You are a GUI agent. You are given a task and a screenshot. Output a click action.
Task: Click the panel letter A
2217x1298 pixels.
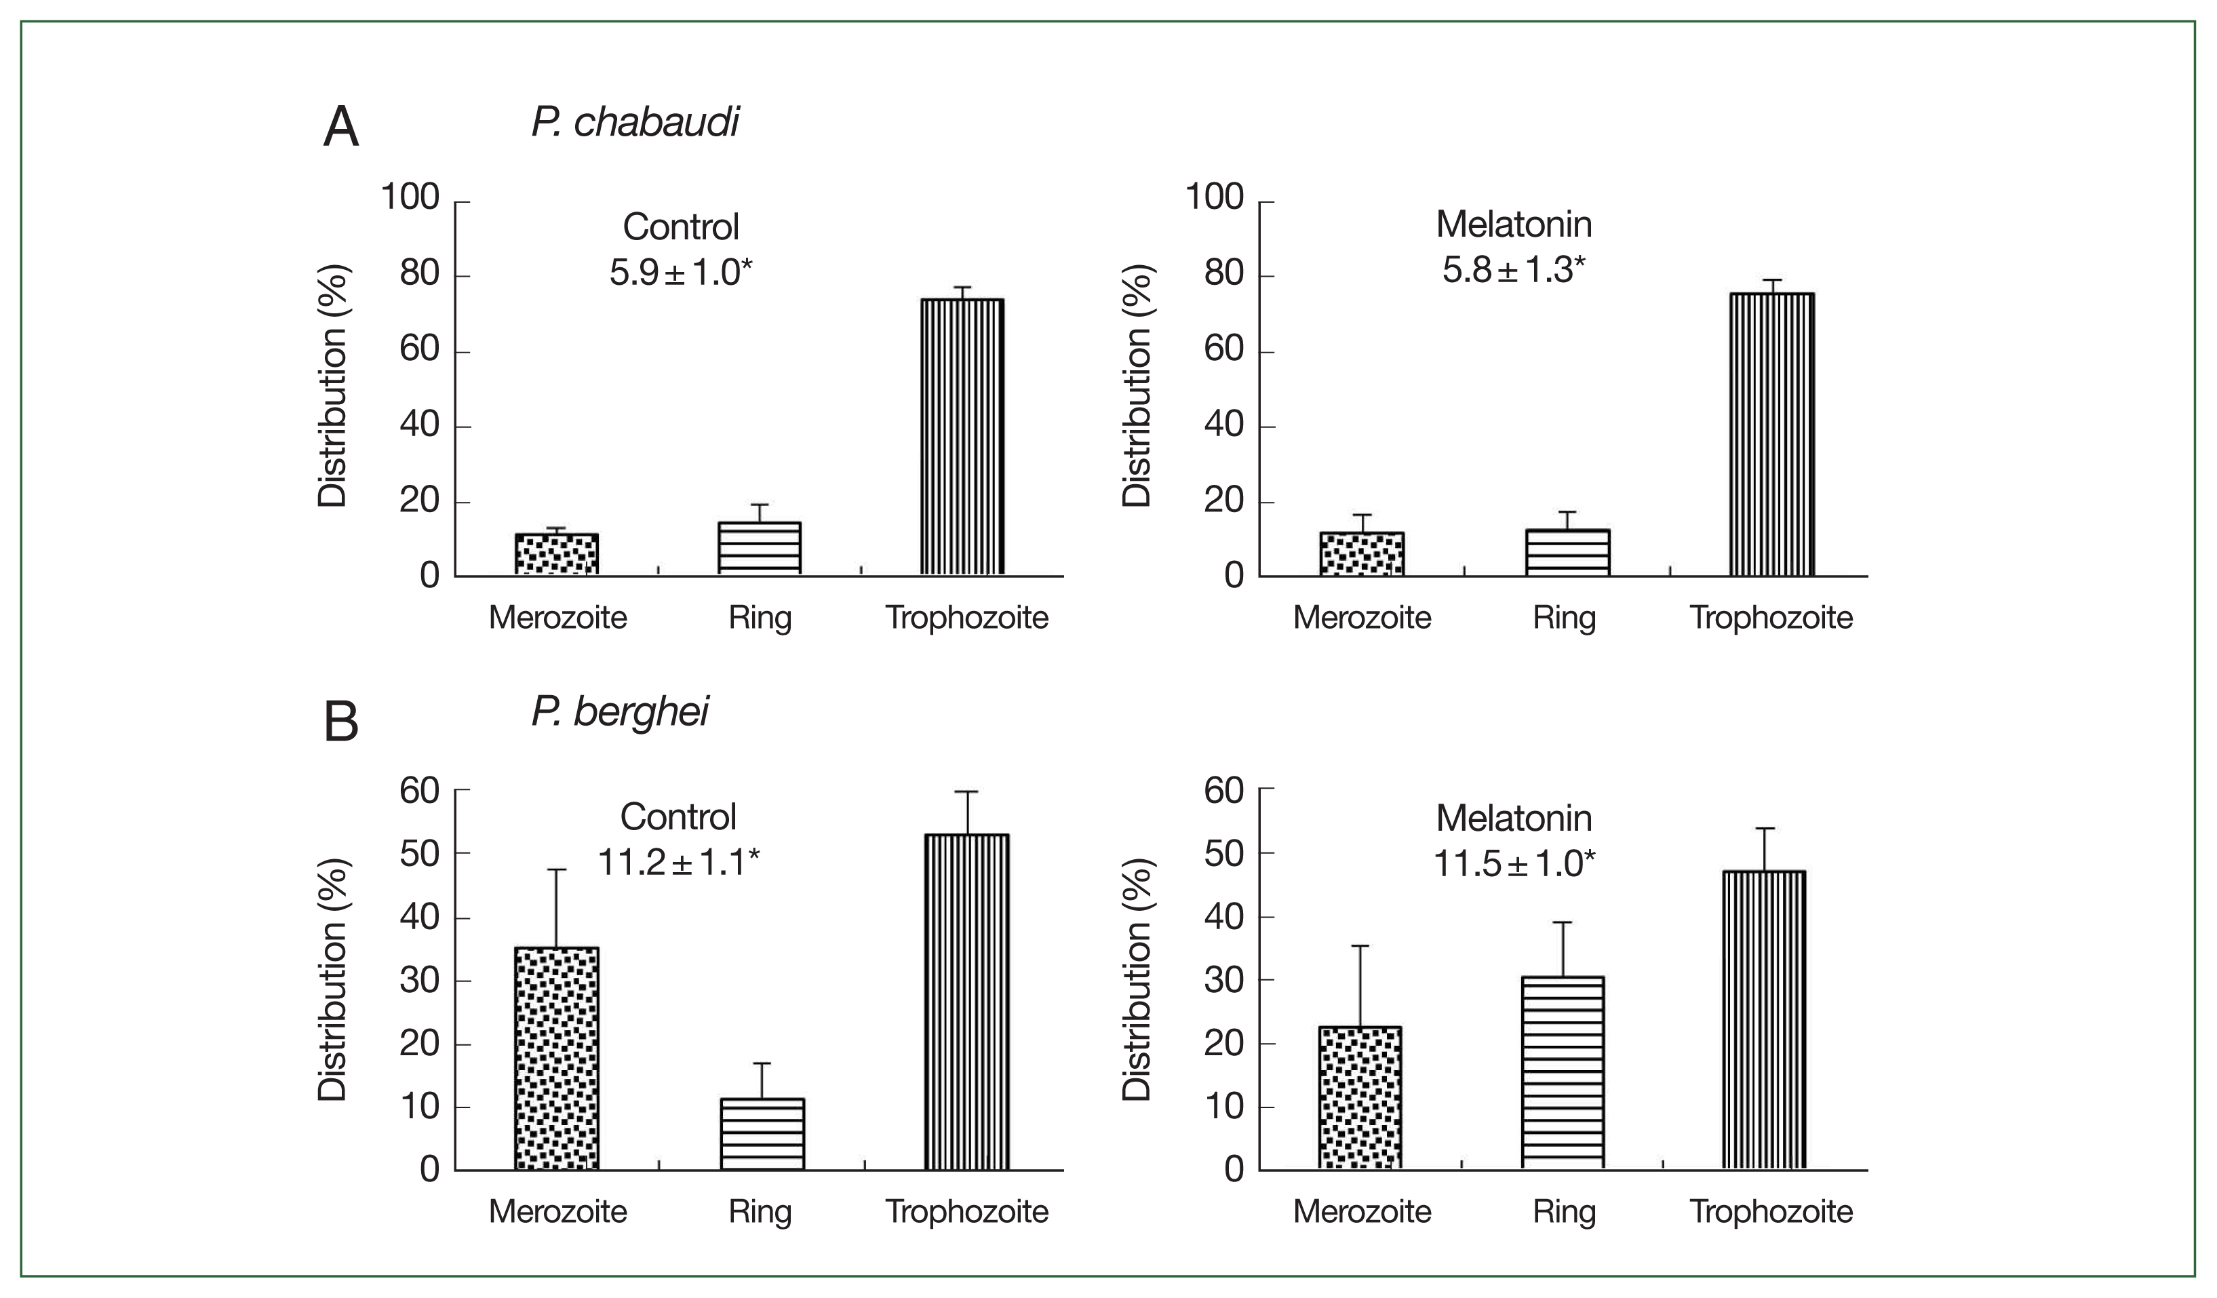click(341, 127)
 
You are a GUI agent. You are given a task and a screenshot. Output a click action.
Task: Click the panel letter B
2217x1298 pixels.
click(341, 722)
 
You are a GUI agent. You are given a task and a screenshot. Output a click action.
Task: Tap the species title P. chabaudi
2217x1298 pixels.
click(635, 122)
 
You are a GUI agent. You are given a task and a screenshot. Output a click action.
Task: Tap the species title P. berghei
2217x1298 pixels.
click(621, 711)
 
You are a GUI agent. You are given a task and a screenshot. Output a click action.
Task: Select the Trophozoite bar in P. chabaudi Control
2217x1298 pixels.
click(962, 437)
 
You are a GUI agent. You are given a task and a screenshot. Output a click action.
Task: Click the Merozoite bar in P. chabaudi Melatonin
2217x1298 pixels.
click(1361, 555)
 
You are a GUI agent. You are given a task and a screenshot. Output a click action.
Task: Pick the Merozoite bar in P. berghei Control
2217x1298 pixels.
click(556, 1059)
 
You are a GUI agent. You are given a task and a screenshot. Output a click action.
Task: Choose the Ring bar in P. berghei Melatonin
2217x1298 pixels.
click(1563, 1073)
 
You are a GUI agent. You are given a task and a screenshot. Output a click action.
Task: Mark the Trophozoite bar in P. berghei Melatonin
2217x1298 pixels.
click(1764, 1020)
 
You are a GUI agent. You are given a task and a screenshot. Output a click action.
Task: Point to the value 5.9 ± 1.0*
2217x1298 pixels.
click(681, 273)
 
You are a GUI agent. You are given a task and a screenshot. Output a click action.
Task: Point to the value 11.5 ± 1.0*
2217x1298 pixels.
click(1514, 863)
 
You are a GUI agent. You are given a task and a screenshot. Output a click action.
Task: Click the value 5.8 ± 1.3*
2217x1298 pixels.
click(1514, 269)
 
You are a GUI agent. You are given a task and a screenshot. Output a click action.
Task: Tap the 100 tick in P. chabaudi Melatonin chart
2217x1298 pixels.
click(1214, 197)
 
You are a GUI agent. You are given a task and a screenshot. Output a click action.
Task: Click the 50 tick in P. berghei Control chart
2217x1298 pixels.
click(418, 854)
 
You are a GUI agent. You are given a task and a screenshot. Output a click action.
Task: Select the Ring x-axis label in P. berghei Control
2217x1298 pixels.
click(760, 1212)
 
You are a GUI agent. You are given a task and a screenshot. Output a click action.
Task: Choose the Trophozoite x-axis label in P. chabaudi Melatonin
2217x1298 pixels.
click(1771, 618)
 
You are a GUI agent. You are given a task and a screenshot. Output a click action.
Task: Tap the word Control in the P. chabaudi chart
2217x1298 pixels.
click(681, 227)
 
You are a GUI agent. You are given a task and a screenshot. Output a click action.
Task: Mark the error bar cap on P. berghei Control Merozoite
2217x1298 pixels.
click(556, 870)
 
